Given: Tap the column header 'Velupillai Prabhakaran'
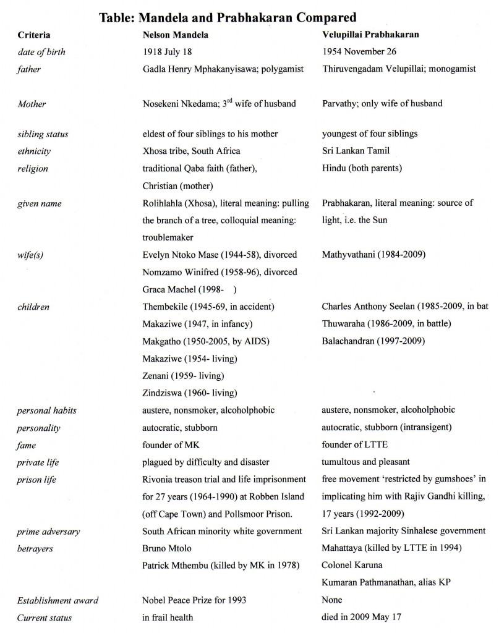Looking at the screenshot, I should (x=370, y=35).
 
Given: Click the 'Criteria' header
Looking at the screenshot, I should (x=35, y=35).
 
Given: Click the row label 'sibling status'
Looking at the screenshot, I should (x=43, y=134).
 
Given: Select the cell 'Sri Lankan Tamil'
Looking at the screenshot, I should (x=356, y=151).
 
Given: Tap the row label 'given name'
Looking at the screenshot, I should (x=40, y=203).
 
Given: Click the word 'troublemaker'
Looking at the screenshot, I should (x=168, y=237).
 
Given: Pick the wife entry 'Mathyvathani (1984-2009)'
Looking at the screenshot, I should (x=374, y=255).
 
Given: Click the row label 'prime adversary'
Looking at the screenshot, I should (x=48, y=531).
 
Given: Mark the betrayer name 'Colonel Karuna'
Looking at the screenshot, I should (x=352, y=565).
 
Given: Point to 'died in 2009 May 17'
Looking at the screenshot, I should (x=362, y=618).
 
